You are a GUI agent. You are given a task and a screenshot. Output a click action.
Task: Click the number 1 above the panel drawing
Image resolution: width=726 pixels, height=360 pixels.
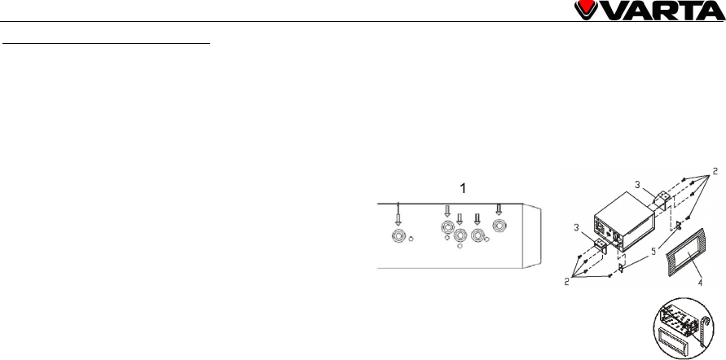[463, 188]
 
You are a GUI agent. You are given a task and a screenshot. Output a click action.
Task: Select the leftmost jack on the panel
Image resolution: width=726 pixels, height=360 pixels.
[398, 237]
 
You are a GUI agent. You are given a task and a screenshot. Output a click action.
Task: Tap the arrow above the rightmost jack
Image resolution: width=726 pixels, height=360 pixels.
[499, 209]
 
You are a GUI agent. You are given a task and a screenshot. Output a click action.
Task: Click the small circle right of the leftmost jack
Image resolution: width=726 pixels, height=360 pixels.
[412, 239]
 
